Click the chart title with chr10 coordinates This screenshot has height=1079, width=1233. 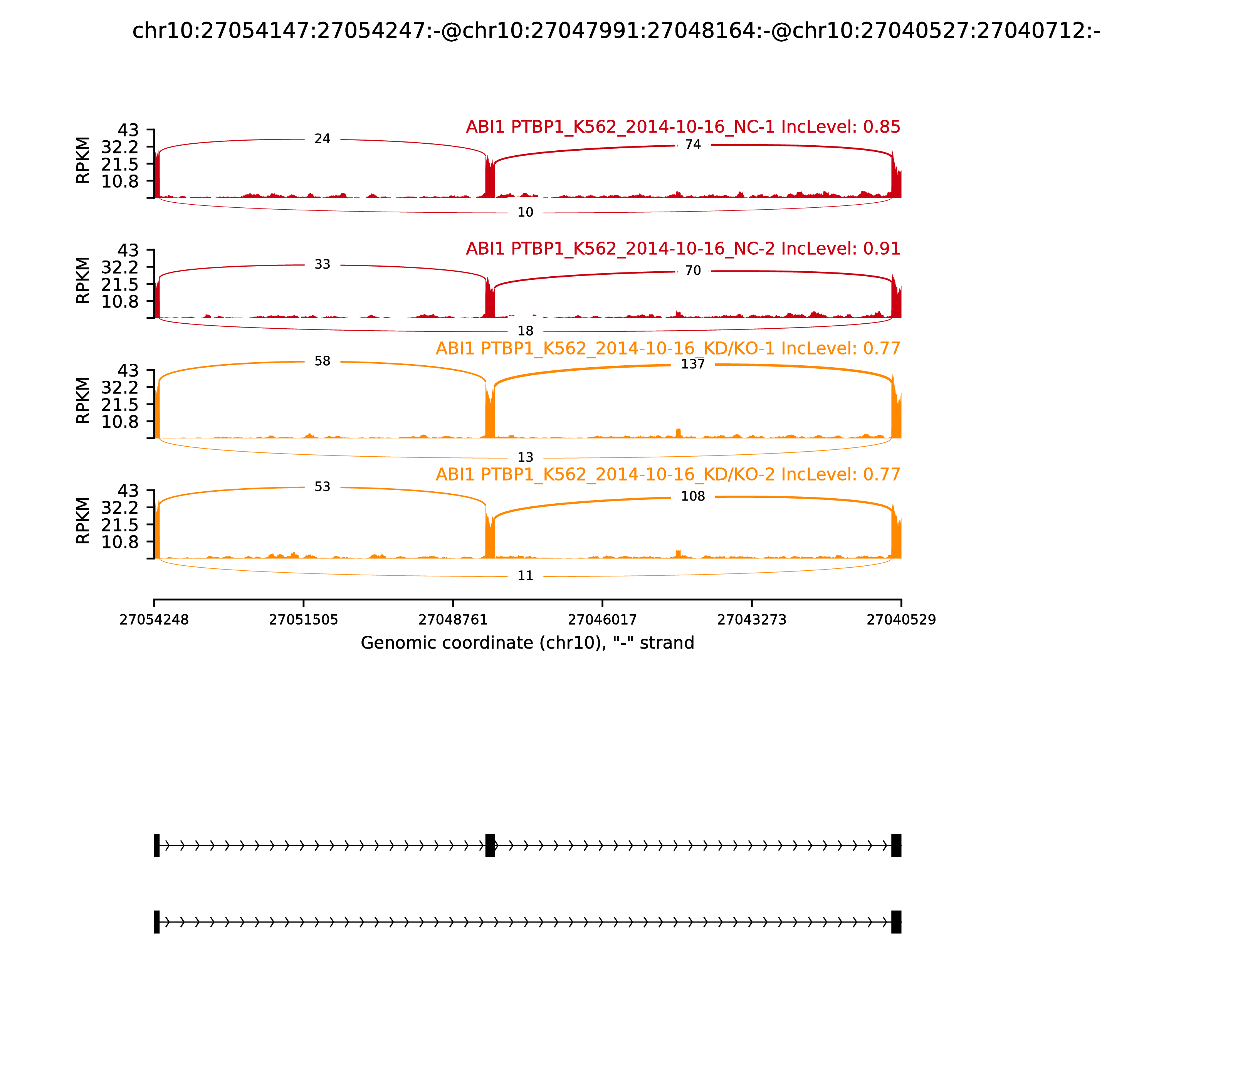[616, 31]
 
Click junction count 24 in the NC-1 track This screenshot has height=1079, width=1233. [322, 139]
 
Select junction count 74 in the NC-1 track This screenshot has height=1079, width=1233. [693, 145]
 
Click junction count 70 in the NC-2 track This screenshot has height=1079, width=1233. [693, 271]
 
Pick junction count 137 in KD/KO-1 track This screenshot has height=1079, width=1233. [693, 364]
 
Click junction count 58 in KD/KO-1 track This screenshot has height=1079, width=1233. [322, 361]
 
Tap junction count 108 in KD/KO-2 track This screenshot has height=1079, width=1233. [693, 496]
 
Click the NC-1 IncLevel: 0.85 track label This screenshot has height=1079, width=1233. [683, 127]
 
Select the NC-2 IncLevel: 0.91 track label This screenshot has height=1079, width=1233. [683, 249]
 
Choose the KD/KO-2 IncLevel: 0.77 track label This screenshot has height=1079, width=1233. [668, 474]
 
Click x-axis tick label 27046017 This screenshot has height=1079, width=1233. [602, 620]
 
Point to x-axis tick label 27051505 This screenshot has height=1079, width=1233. [304, 620]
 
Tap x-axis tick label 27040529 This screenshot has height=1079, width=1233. [901, 620]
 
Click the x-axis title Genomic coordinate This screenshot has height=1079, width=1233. [527, 643]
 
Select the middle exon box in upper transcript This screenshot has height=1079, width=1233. [490, 845]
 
